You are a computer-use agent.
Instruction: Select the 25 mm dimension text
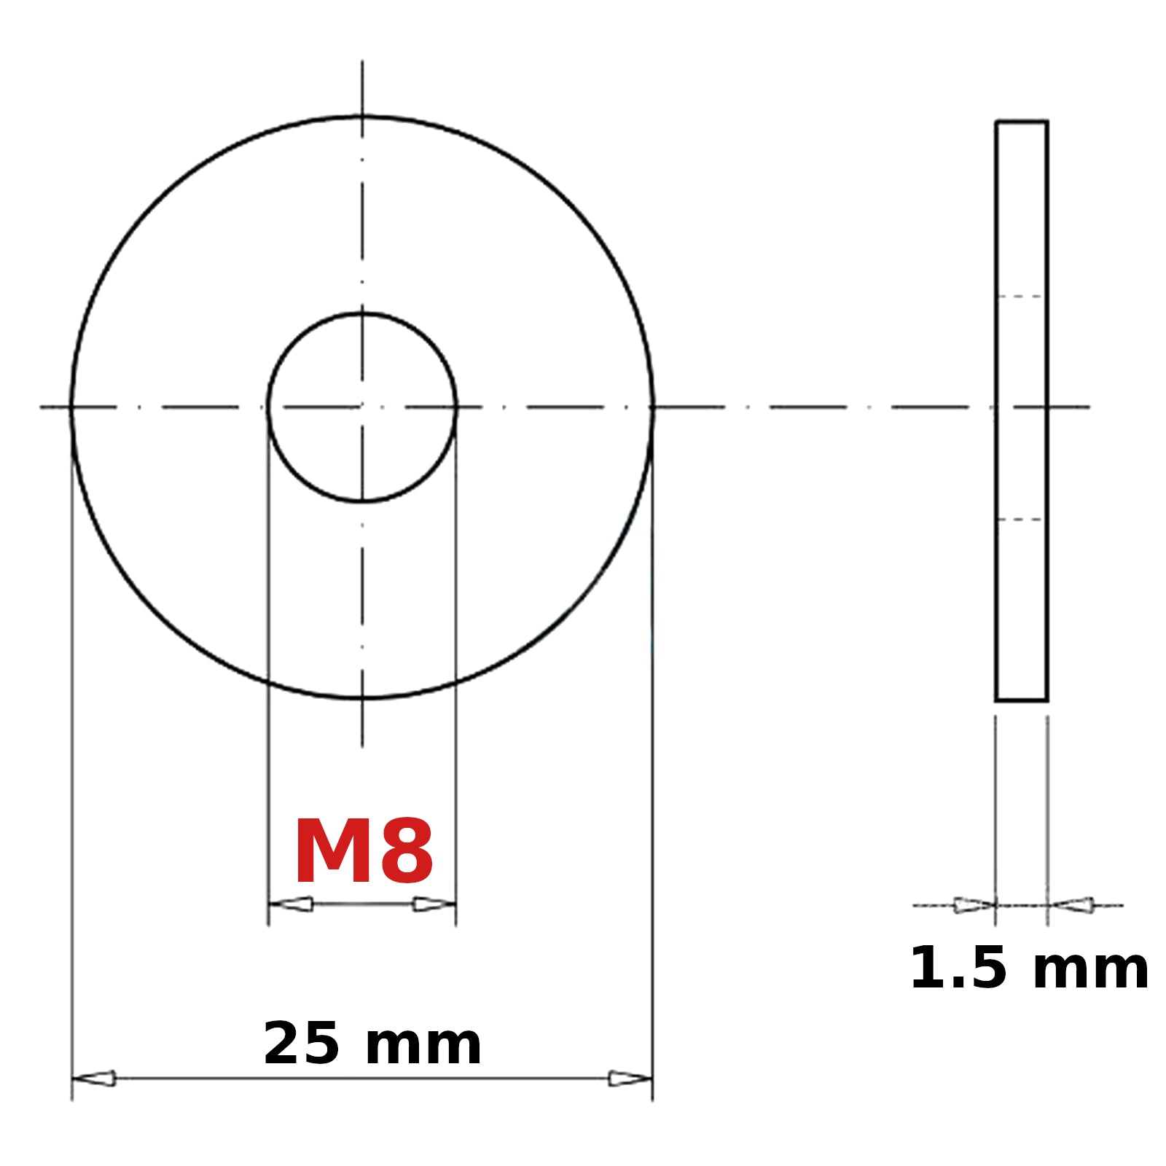point(372,1044)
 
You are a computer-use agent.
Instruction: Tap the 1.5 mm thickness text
point(1029,968)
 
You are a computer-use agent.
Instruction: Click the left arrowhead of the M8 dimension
point(291,904)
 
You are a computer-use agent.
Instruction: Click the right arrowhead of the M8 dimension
point(434,904)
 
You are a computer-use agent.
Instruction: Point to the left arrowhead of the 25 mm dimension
point(94,1078)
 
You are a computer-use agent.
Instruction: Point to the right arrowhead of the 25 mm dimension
point(630,1078)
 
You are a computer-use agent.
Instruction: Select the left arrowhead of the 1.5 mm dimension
point(974,905)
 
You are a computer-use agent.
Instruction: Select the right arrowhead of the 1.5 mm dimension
point(1071,905)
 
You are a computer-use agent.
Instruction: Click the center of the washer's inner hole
point(362,407)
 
